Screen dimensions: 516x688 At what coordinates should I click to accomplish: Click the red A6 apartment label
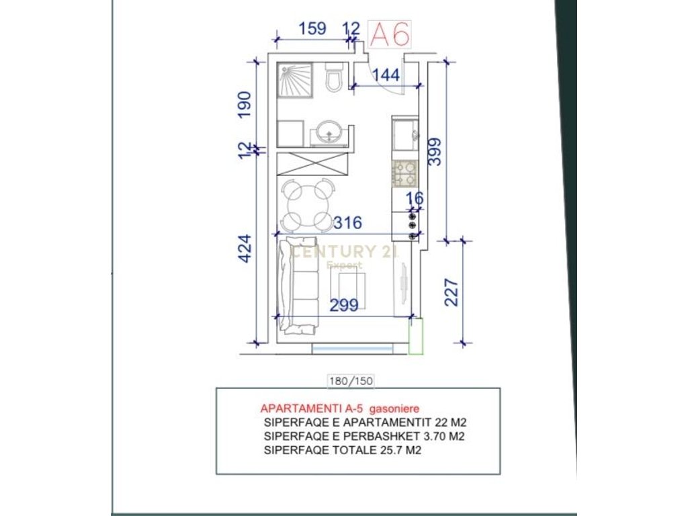point(390,34)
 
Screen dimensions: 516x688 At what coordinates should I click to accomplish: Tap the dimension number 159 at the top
point(312,29)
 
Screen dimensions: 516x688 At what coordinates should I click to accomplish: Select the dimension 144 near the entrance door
point(386,75)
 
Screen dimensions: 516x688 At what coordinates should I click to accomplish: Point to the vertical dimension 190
point(245,105)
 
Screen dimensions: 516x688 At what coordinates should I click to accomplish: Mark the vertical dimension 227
point(452,292)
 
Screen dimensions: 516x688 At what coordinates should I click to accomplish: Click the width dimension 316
point(348,222)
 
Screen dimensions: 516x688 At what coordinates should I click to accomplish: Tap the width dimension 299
point(344,305)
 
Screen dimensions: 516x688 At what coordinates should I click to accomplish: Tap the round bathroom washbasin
point(329,132)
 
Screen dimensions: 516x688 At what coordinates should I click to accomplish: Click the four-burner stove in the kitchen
point(405,173)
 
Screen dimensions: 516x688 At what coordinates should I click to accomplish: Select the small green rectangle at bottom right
point(416,335)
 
